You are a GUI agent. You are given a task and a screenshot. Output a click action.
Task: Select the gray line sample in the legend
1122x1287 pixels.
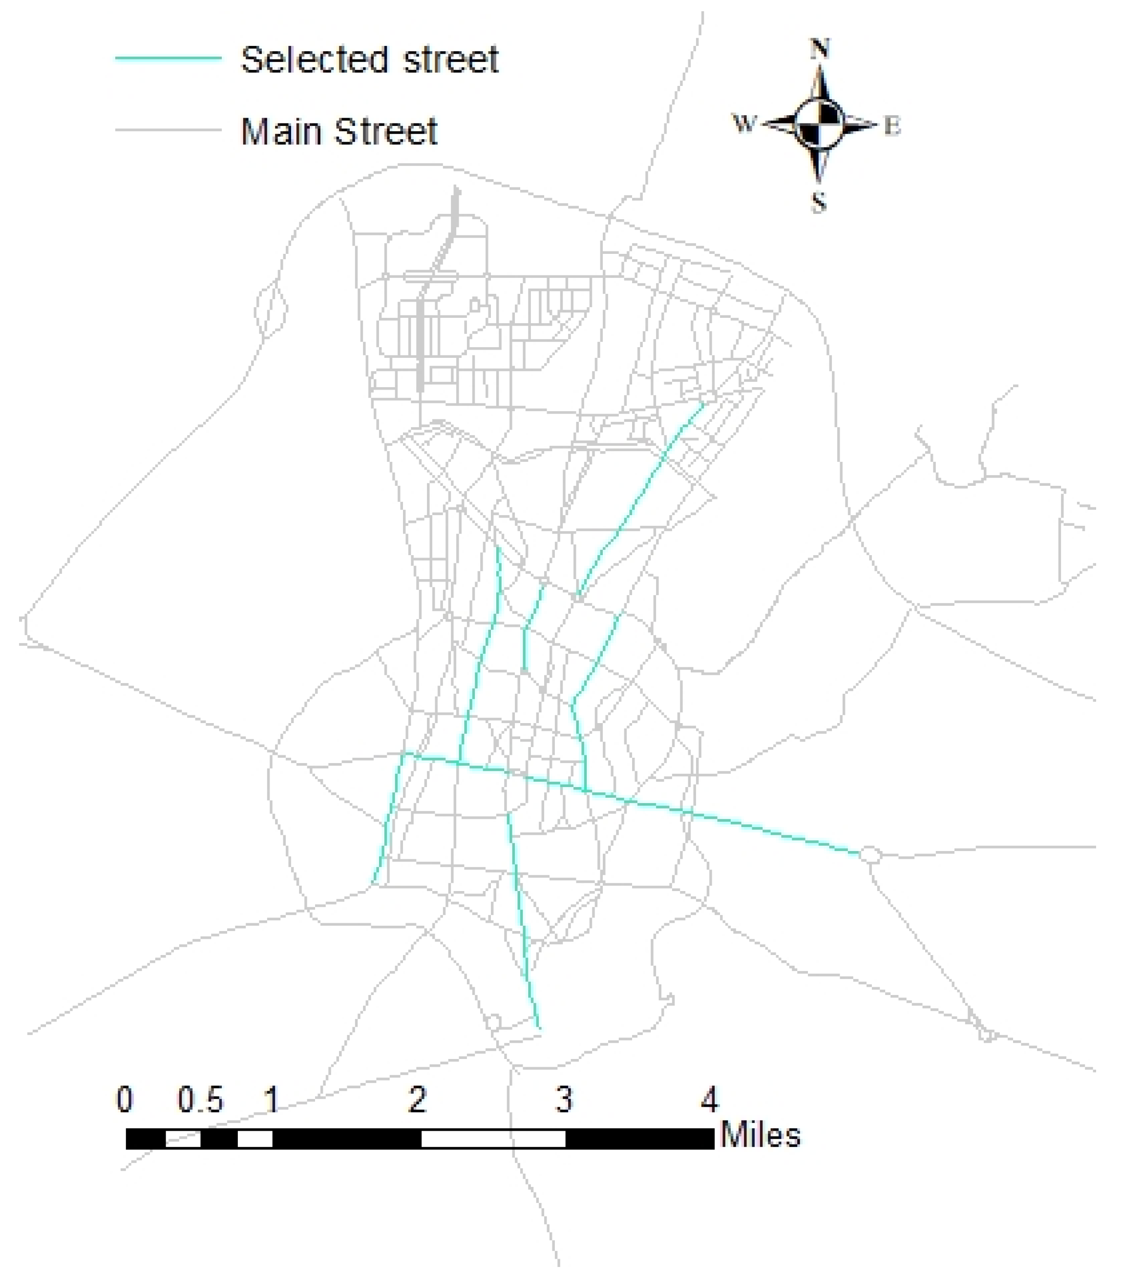168,130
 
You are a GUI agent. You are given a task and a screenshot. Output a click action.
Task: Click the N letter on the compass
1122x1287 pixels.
820,49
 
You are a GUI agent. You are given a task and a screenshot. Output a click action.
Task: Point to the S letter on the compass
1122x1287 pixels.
819,202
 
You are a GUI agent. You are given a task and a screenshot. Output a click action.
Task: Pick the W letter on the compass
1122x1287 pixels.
744,124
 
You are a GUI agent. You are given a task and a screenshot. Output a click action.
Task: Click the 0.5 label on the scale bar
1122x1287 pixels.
200,1100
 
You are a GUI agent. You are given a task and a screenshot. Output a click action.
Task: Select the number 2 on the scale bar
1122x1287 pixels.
418,1100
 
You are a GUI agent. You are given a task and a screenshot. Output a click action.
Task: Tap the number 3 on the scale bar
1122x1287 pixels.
564,1100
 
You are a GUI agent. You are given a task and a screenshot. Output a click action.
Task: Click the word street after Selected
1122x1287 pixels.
450,61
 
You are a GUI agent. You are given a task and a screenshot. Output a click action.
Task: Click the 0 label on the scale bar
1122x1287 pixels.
125,1100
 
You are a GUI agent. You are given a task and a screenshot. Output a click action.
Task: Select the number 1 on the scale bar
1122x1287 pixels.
271,1100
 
